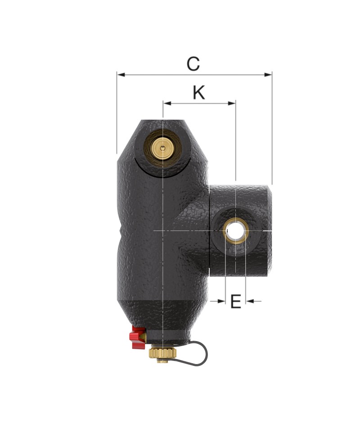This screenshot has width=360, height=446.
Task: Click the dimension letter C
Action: click(193, 64)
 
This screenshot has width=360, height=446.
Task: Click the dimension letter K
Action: click(199, 92)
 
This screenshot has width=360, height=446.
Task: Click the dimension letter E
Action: click(235, 302)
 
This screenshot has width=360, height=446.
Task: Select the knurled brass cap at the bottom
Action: click(162, 354)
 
